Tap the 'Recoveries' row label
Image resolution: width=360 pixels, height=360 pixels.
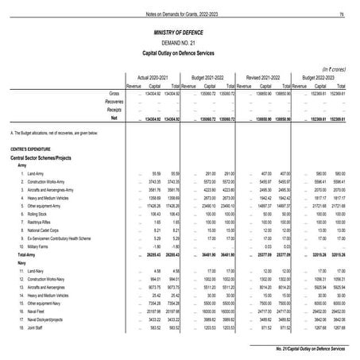point(110,102)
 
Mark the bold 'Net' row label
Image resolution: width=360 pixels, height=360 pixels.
point(115,117)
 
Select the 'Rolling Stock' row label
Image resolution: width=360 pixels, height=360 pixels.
point(37,214)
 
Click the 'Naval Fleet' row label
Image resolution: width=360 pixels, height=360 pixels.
point(36,314)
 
